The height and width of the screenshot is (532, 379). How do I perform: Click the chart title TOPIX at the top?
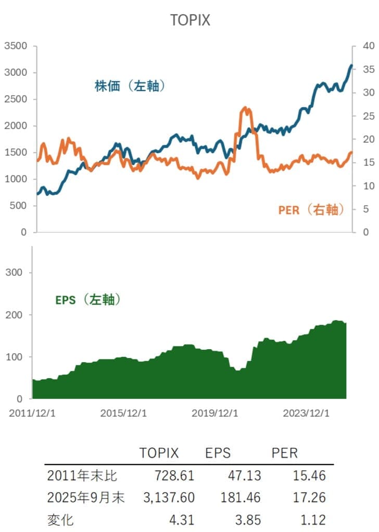click(189, 20)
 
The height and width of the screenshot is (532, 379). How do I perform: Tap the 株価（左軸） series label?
click(130, 86)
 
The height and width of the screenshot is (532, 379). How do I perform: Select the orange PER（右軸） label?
click(311, 209)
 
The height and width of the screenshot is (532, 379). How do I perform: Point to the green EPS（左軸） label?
click(88, 300)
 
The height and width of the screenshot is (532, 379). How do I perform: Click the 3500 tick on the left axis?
click(16, 46)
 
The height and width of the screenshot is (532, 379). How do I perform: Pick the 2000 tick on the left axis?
click(16, 126)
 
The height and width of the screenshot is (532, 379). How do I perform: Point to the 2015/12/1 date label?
click(123, 414)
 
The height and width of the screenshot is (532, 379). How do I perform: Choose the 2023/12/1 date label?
click(306, 414)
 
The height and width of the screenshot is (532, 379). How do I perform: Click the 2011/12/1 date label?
click(32, 414)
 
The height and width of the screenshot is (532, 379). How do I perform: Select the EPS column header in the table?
click(217, 453)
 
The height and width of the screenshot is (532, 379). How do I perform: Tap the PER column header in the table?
click(285, 453)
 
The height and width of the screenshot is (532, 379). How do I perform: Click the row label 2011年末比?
click(82, 475)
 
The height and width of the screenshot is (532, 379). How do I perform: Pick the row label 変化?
click(61, 520)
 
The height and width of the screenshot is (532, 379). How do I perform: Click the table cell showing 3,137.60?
click(169, 498)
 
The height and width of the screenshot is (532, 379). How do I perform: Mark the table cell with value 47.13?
click(244, 475)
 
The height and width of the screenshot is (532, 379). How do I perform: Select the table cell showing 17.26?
click(309, 498)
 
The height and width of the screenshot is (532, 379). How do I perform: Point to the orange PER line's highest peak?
click(245, 108)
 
